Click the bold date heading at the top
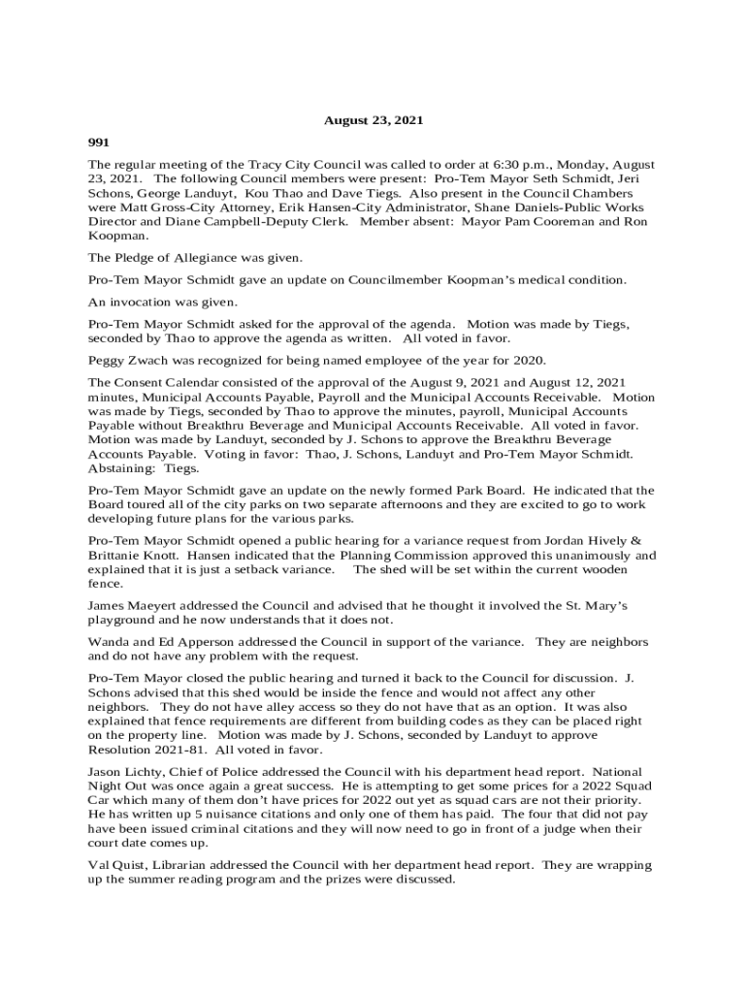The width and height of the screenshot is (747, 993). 373,121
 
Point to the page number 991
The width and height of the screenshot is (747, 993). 99,143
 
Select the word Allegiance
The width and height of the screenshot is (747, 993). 209,257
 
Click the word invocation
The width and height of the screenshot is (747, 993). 137,302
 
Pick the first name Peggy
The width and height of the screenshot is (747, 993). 105,360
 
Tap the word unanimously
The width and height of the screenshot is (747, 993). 578,556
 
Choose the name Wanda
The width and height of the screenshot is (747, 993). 107,642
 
